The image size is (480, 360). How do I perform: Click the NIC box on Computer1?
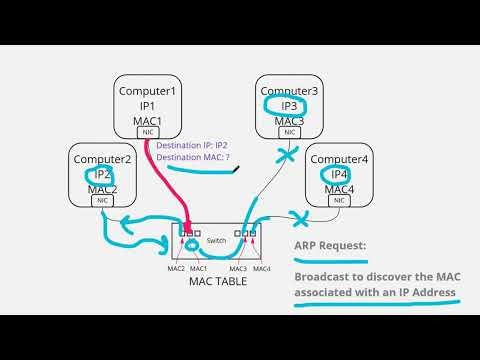tap(147, 132)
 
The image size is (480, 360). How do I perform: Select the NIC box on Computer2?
tap(103, 200)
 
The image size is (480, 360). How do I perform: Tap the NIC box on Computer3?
tap(288, 132)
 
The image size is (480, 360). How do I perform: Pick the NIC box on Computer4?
tap(339, 200)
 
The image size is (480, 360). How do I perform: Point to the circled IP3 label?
tap(288, 106)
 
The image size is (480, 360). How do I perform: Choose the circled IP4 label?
tap(339, 174)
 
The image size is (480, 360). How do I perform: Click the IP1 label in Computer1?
tap(147, 105)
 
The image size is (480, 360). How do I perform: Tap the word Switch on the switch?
tap(216, 241)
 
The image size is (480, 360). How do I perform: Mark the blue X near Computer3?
tap(286, 157)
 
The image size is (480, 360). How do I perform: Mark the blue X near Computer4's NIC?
tap(297, 216)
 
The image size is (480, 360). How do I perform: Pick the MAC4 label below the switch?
tap(261, 268)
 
